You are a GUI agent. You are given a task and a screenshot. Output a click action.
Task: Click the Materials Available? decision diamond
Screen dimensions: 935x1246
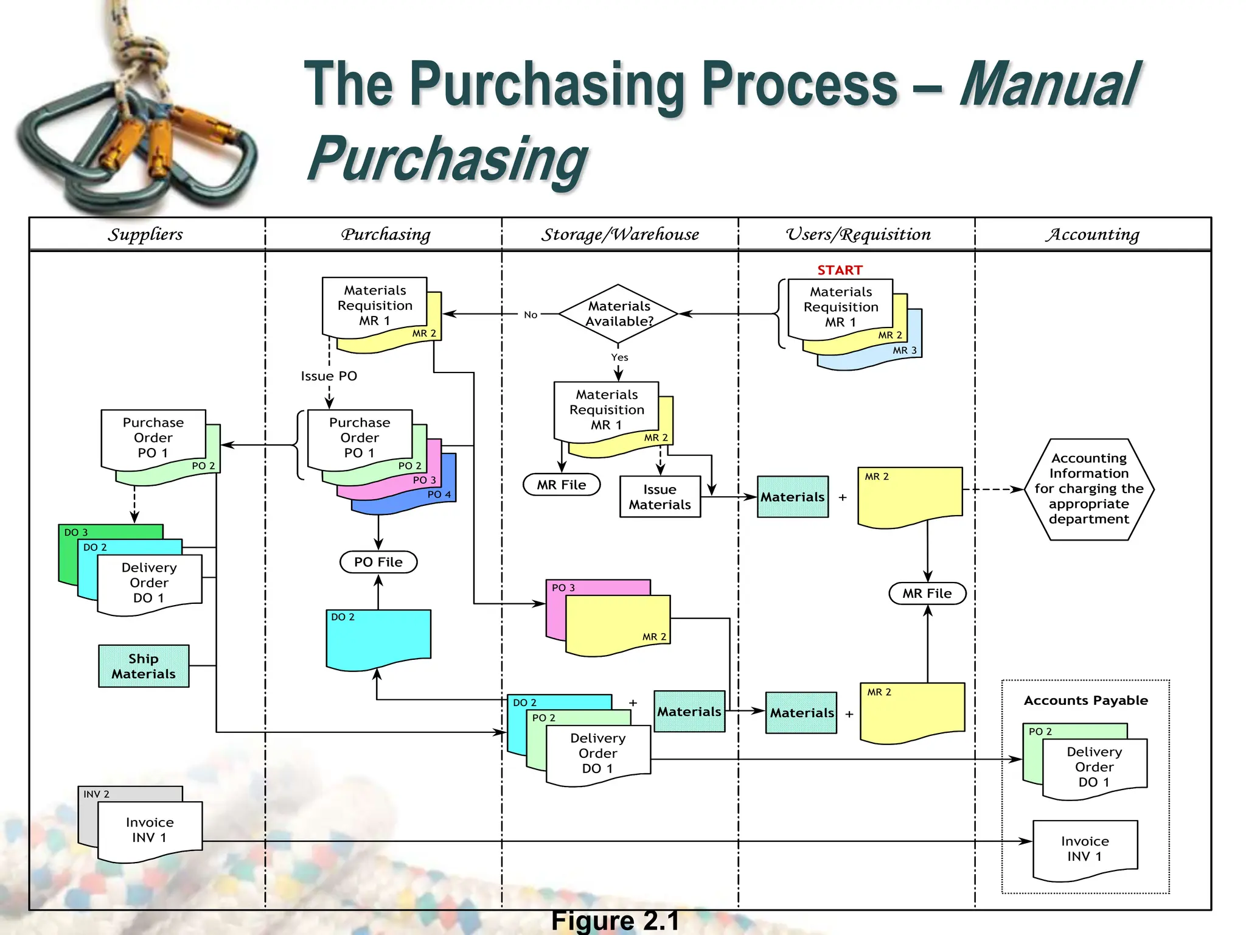point(618,313)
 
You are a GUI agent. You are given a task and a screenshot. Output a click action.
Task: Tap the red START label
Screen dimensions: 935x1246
point(840,270)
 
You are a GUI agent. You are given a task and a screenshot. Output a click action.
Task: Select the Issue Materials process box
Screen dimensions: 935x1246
point(660,497)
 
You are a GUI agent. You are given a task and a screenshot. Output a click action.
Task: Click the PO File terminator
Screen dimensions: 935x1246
point(378,562)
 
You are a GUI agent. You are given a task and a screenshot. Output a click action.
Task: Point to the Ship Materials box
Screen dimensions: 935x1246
point(144,666)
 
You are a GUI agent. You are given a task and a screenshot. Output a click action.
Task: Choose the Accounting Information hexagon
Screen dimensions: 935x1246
point(1088,489)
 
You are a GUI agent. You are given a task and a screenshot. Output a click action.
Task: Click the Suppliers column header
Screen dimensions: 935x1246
point(145,234)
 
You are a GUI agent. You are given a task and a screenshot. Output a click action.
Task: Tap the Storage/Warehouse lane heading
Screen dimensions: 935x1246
point(620,234)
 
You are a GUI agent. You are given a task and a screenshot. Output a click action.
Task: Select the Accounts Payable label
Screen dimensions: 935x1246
point(1085,700)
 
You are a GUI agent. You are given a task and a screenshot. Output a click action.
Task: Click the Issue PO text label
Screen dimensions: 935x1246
point(329,376)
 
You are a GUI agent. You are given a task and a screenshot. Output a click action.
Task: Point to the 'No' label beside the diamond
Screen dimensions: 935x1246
point(531,315)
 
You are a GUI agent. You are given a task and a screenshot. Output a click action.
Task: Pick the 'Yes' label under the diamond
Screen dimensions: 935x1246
point(619,357)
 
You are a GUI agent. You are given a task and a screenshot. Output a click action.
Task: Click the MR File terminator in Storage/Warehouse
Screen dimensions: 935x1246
point(561,485)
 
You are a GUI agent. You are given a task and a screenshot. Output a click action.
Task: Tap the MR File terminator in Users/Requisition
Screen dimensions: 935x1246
point(927,594)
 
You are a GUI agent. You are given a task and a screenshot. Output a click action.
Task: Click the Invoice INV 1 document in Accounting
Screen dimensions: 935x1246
point(1085,849)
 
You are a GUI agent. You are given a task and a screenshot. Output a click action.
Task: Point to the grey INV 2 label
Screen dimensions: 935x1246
point(97,794)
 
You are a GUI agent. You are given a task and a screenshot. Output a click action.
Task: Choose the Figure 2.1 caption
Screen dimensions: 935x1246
point(614,921)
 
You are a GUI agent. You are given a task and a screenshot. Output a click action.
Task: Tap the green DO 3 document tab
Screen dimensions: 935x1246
point(77,532)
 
